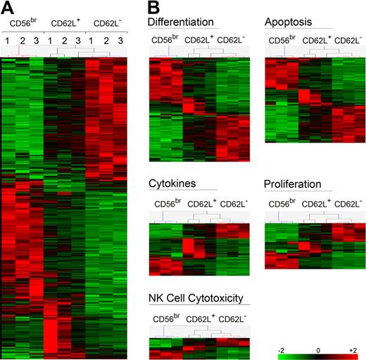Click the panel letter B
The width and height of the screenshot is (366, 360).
coord(155,8)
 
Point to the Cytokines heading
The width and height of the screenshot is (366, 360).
coord(170,184)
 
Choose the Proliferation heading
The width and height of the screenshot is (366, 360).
coord(293,184)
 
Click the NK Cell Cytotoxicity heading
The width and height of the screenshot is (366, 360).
coord(200,297)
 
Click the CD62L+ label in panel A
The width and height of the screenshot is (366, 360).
coord(65,25)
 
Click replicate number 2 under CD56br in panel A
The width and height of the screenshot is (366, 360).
coord(23,41)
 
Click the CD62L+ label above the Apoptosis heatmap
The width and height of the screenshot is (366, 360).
coord(316,41)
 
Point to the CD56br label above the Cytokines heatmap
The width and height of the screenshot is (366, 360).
coord(166,205)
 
